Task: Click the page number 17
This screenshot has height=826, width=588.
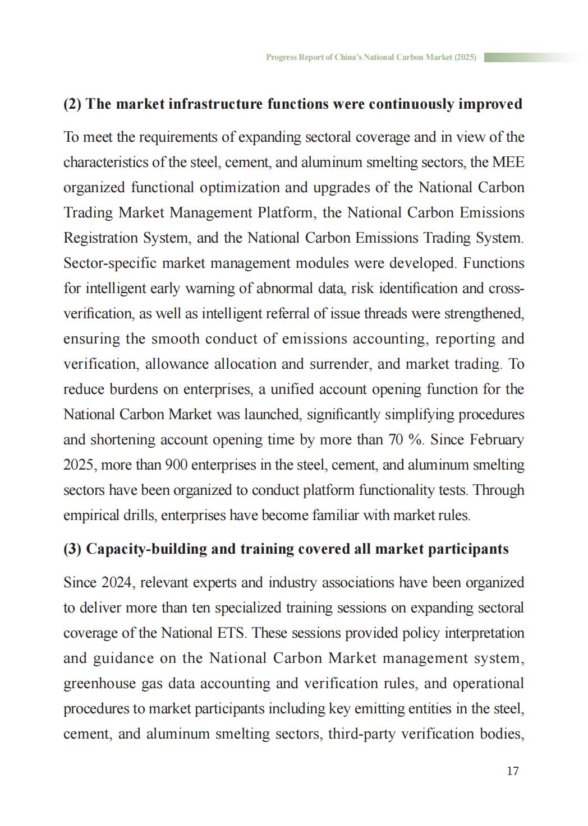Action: click(512, 771)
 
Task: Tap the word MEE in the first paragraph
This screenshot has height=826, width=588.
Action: click(508, 163)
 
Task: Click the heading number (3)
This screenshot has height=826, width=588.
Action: click(72, 549)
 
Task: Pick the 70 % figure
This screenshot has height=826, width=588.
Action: click(405, 440)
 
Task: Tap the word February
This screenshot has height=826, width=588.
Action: click(497, 440)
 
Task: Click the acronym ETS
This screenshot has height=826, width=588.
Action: click(230, 633)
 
